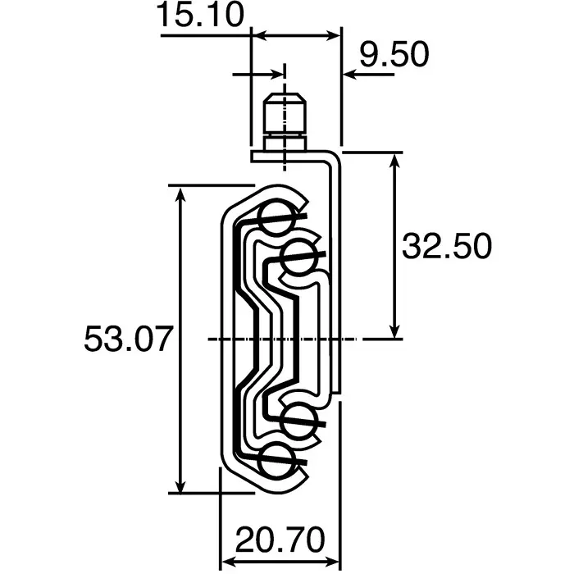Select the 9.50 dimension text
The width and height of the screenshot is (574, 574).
394,56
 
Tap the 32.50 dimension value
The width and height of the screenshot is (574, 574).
446,246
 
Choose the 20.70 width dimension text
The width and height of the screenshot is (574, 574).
279,541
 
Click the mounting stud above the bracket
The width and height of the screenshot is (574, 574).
284,119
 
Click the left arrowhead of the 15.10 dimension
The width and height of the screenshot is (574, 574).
256,34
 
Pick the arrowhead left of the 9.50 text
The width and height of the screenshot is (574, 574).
349,75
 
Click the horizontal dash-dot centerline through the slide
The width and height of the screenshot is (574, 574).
279,339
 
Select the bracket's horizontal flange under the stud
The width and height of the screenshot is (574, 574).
291,153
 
